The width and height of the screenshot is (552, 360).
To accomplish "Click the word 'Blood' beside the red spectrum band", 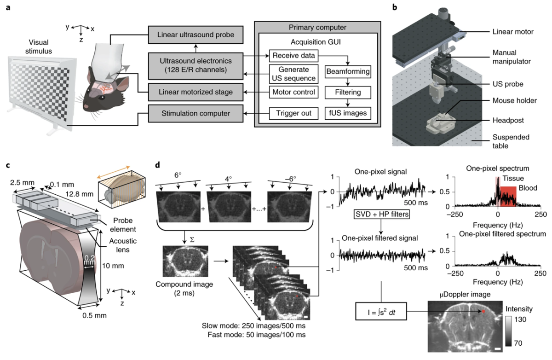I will pyautogui.click(x=528, y=188).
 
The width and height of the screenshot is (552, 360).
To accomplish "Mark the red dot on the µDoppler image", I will pyautogui.click(x=483, y=312).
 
